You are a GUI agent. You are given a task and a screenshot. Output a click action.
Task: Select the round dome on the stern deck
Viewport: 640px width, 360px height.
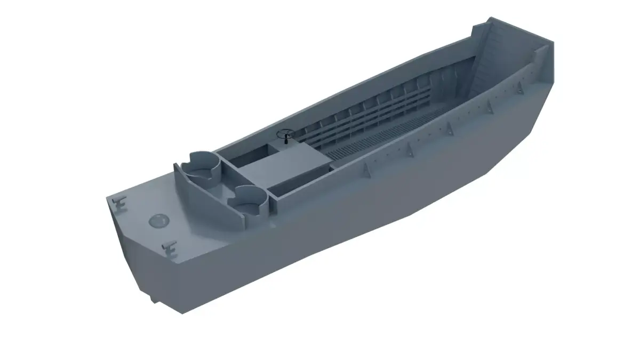[158, 220]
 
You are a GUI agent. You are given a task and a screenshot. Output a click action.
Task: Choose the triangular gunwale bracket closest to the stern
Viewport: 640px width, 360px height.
[366, 170]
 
